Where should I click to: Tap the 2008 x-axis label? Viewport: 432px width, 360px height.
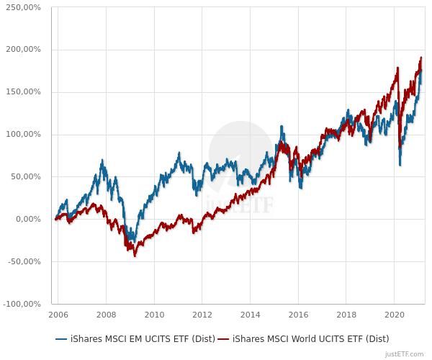coord(106,315)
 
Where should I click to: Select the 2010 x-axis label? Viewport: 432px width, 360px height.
coord(154,315)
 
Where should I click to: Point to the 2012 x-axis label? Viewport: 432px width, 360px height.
coord(202,315)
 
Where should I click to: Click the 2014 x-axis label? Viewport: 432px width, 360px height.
coord(251,315)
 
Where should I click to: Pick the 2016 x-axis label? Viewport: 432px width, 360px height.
coord(299,315)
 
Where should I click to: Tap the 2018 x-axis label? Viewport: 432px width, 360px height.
coord(347,315)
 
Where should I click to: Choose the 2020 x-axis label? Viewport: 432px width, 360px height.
coord(395,315)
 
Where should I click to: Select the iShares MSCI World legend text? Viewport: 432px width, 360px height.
coord(310,338)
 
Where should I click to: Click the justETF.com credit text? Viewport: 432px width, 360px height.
coord(404,354)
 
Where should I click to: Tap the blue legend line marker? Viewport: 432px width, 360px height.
coord(61,338)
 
